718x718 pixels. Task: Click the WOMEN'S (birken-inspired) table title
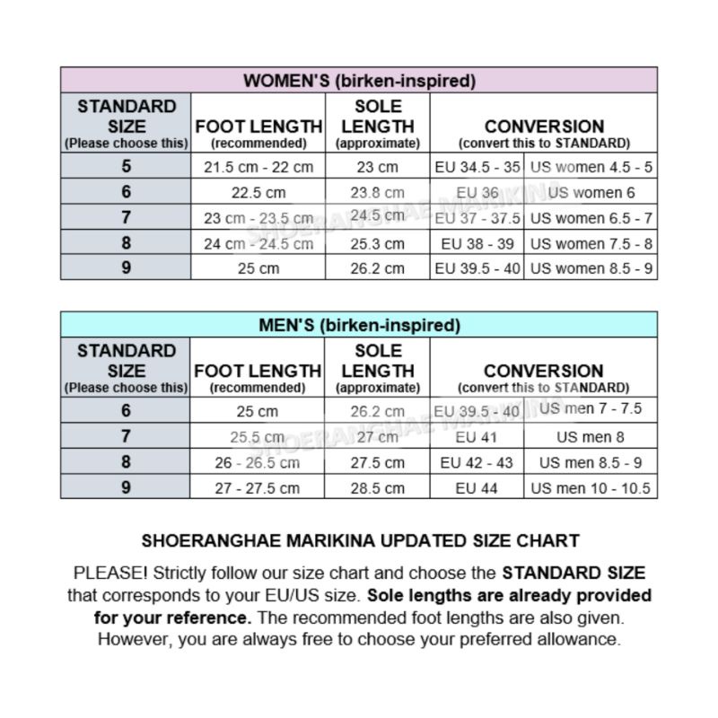point(359,81)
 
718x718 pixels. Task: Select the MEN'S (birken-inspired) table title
point(359,325)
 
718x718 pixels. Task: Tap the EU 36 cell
point(477,193)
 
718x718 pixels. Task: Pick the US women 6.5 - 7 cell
point(591,218)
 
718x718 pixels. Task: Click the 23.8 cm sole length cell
point(377,193)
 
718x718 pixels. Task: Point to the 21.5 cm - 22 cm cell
point(258,168)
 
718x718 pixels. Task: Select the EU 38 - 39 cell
point(477,243)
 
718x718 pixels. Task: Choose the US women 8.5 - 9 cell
point(591,268)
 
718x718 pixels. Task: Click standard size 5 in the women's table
point(126,167)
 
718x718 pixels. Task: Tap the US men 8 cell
point(591,438)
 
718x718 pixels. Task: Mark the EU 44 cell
point(477,488)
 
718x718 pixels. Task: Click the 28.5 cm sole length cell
point(377,488)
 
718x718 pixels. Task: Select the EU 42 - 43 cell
point(477,463)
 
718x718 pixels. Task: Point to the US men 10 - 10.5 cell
point(591,488)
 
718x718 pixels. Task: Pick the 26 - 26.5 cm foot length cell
point(258,463)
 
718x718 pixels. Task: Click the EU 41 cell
point(477,438)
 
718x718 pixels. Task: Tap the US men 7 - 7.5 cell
point(591,409)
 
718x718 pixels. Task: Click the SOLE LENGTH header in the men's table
point(377,368)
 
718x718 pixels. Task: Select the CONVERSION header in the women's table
point(544,127)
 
